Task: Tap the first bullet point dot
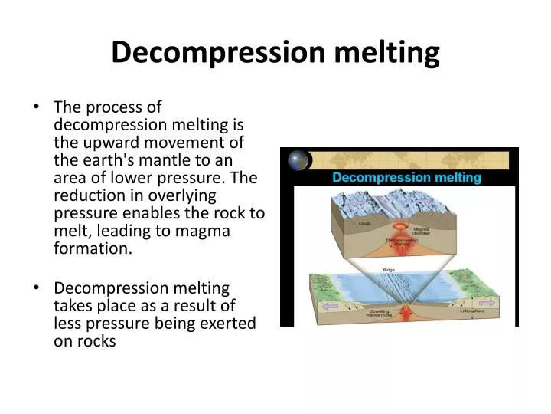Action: [x=39, y=108]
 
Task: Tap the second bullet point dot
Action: [x=39, y=288]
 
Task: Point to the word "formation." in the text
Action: [x=93, y=249]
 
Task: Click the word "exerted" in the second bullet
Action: [x=230, y=324]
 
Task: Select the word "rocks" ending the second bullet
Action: [x=95, y=342]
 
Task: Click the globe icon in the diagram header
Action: [x=298, y=160]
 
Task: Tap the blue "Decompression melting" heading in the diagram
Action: [x=406, y=178]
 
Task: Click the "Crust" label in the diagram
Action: [x=364, y=224]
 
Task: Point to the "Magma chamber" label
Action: [x=420, y=228]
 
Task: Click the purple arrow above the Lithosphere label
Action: [x=487, y=302]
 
